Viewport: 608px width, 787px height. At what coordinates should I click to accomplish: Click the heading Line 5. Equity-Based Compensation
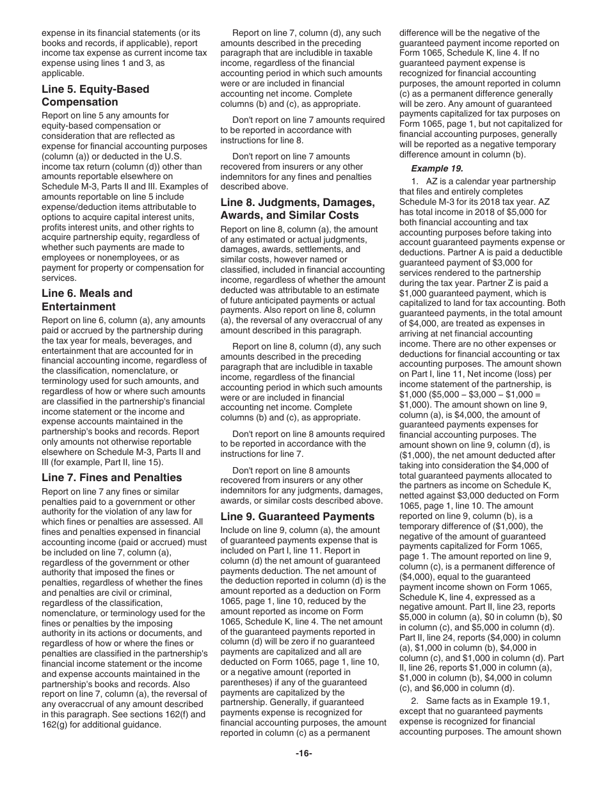coord(95,95)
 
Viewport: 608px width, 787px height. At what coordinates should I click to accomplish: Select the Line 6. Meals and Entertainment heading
coord(87,300)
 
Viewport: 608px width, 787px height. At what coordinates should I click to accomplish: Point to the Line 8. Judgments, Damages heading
coord(298,208)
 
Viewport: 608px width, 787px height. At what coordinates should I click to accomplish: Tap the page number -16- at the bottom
coord(304,753)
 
